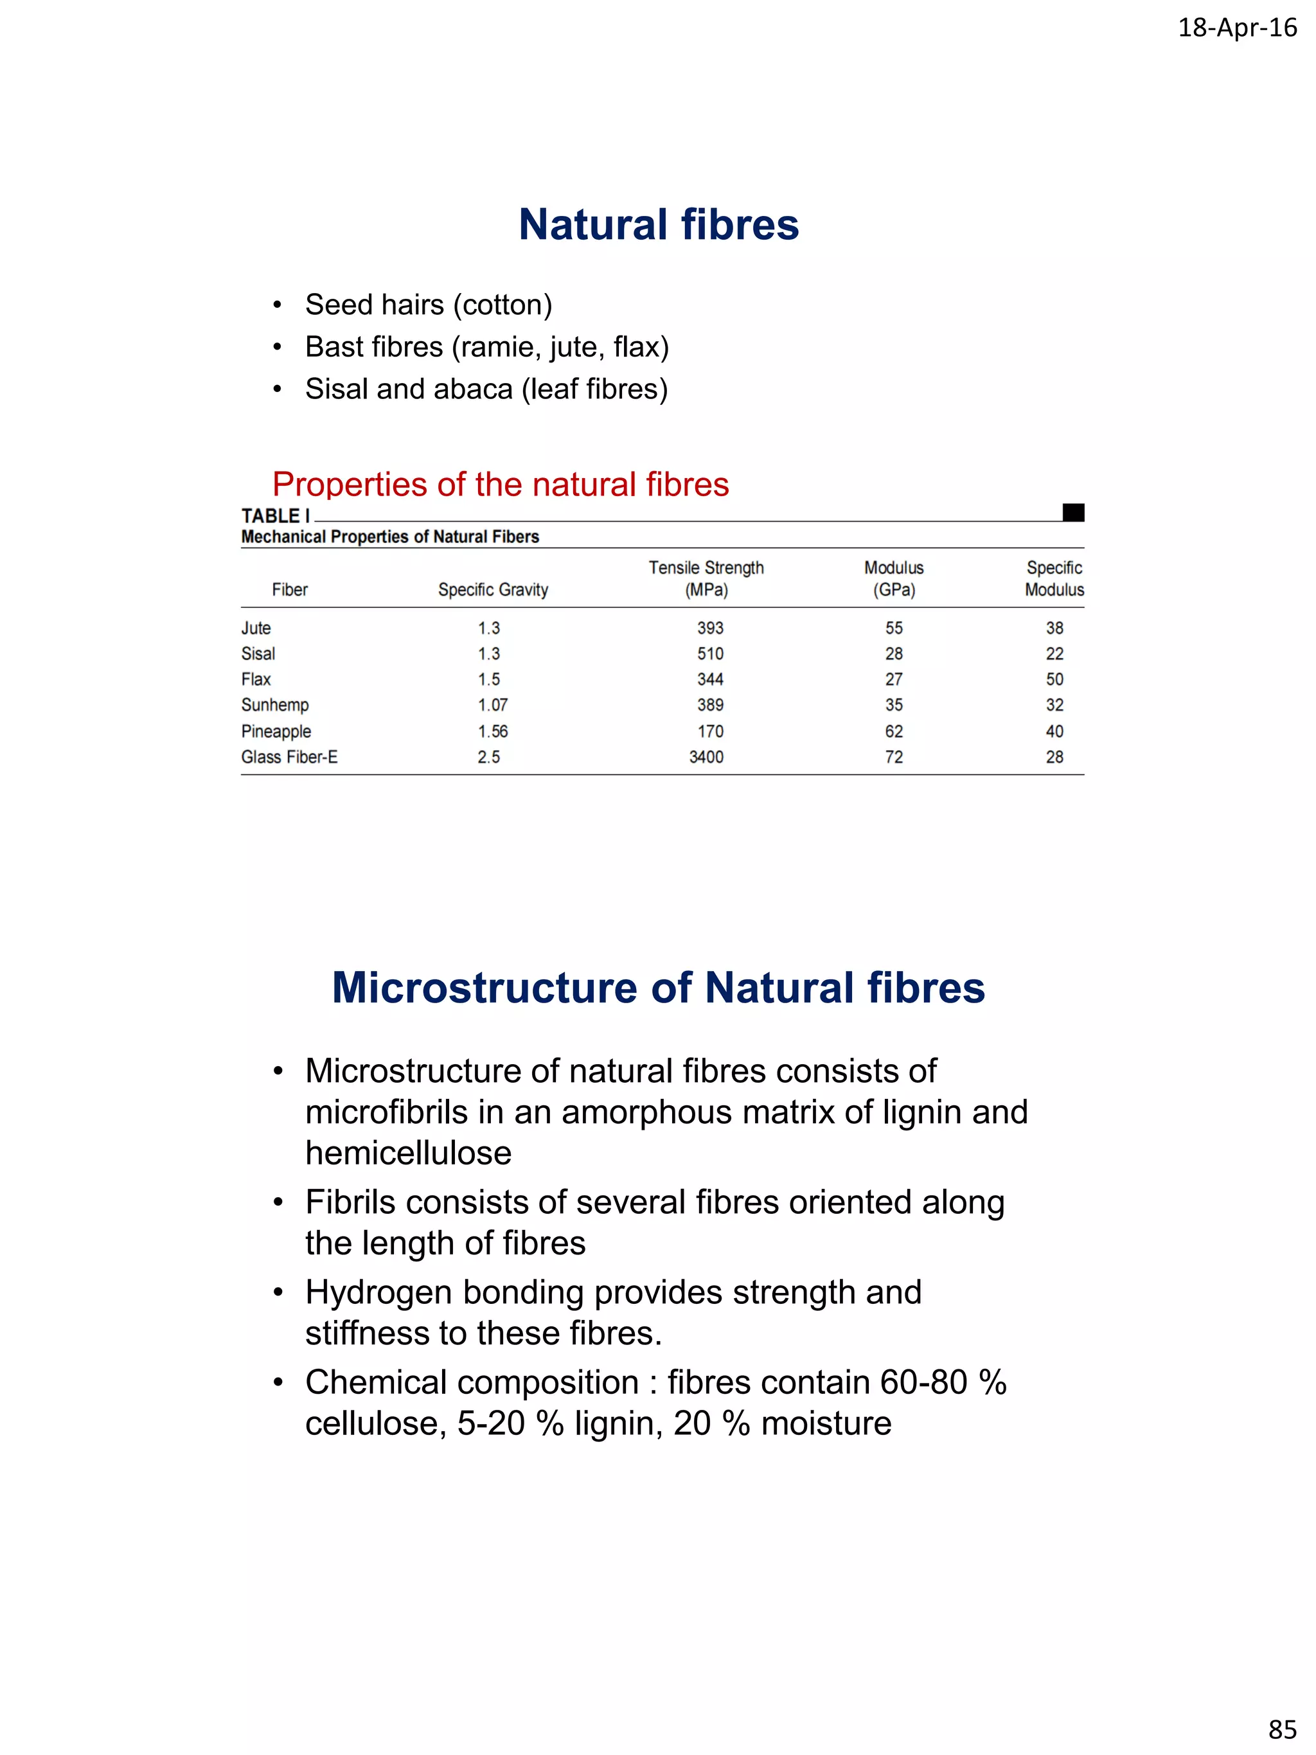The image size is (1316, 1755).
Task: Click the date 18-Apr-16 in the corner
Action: [x=1237, y=28]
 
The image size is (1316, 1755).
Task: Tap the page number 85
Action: [x=1282, y=1729]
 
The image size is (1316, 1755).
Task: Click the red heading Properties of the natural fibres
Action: [x=500, y=484]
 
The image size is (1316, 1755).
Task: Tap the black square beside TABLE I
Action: [x=1072, y=513]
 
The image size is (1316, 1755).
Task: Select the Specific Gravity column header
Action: [x=493, y=589]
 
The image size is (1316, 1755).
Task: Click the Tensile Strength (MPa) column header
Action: [x=706, y=578]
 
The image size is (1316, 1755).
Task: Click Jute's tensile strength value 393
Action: [x=710, y=628]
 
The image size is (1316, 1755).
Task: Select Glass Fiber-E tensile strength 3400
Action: [x=706, y=758]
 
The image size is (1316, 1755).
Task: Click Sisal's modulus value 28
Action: [x=893, y=654]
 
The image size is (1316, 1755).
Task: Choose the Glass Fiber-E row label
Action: [x=289, y=758]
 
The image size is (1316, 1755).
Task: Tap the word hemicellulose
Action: [x=409, y=1154]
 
